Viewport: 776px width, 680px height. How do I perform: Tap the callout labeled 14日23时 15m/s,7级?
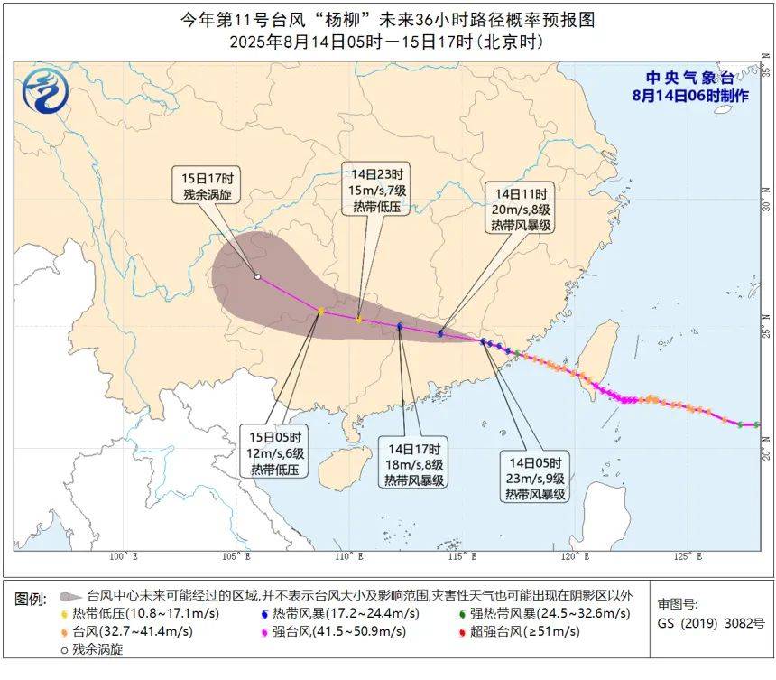coord(376,189)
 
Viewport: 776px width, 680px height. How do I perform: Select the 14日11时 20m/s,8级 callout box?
coord(521,210)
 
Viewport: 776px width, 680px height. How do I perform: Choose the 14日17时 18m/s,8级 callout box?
coord(413,464)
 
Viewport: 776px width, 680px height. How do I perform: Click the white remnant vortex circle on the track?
coord(257,277)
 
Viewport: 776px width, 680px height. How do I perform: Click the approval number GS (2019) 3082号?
coord(711,623)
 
